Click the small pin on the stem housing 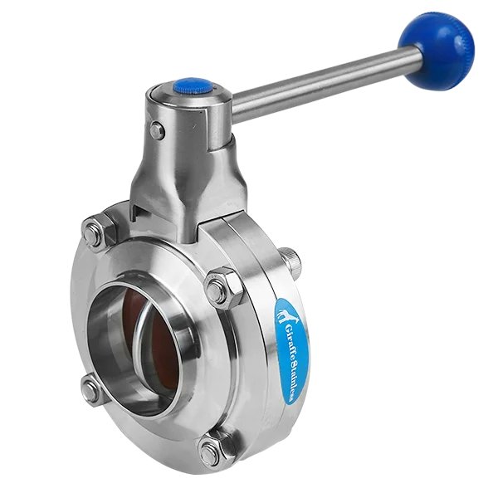coord(157,129)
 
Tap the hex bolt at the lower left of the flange coord(91,390)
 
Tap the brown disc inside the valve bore coord(170,340)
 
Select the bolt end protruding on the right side coord(292,260)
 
